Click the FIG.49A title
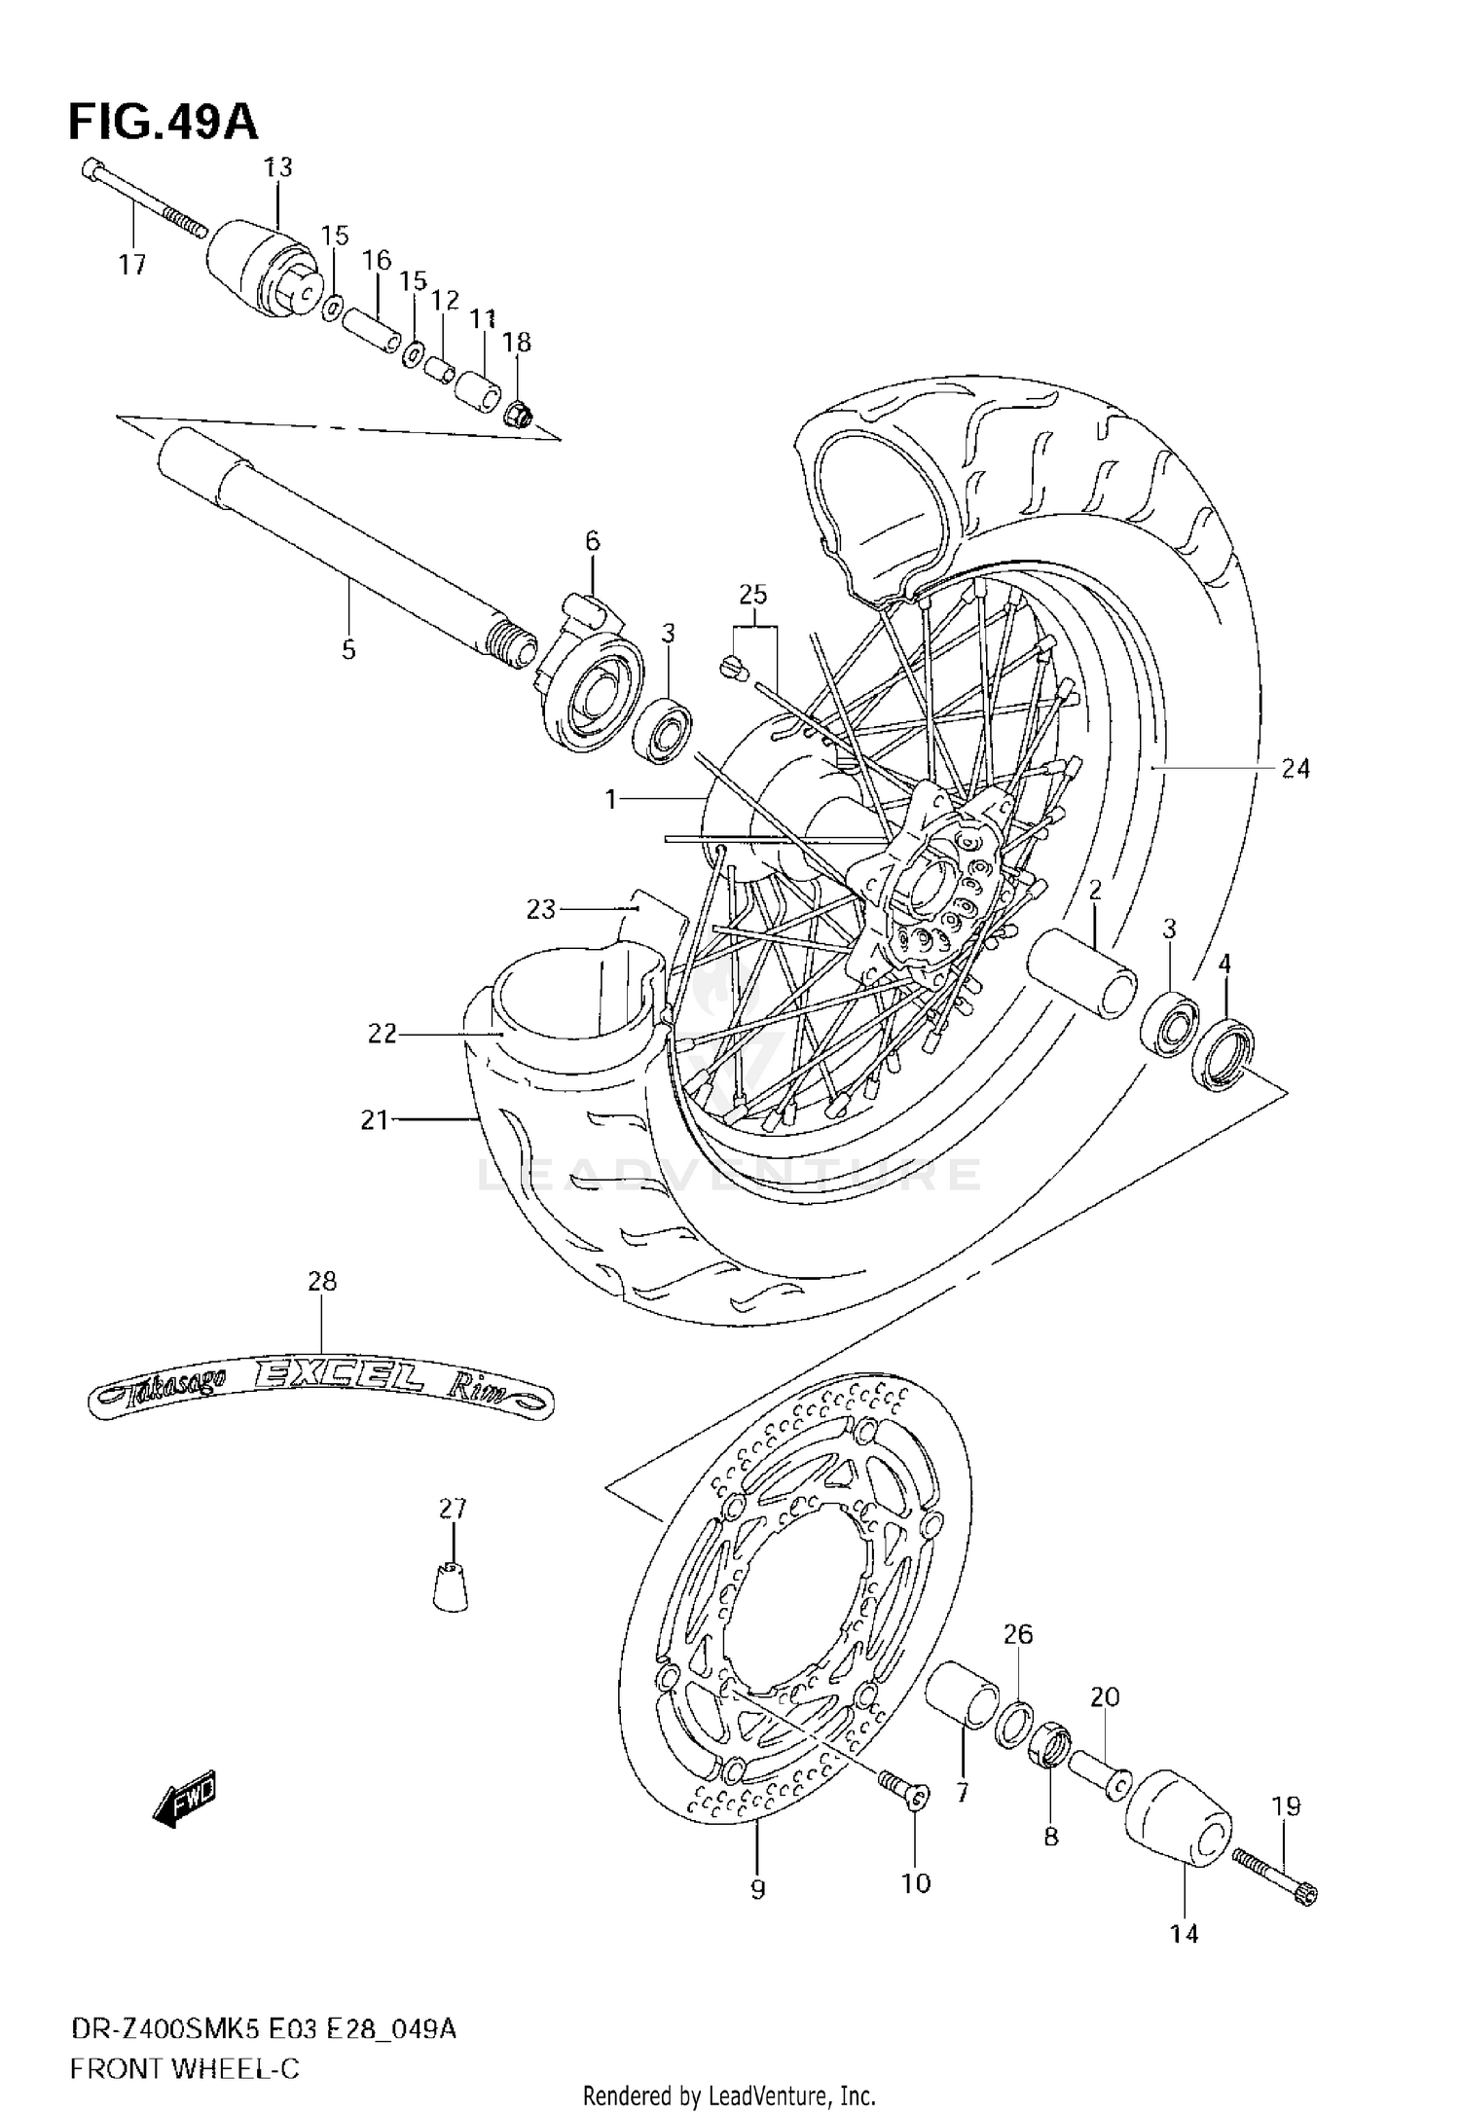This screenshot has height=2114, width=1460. click(163, 124)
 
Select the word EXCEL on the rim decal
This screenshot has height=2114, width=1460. click(338, 1375)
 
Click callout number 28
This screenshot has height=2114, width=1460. click(322, 1282)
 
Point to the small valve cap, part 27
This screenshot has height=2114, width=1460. click(450, 1587)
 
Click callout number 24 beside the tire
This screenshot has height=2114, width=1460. click(1295, 769)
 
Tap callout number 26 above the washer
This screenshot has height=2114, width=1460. click(1017, 1634)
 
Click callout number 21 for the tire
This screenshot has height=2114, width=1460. click(375, 1121)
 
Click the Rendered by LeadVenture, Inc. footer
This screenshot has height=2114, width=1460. click(729, 2095)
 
